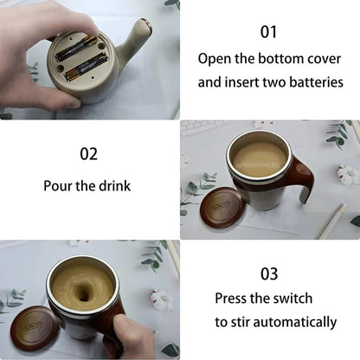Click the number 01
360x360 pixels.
pyautogui.click(x=269, y=32)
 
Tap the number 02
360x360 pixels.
pyautogui.click(x=89, y=155)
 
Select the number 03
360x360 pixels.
pyautogui.click(x=269, y=273)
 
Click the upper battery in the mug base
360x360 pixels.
pyautogui.click(x=76, y=47)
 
